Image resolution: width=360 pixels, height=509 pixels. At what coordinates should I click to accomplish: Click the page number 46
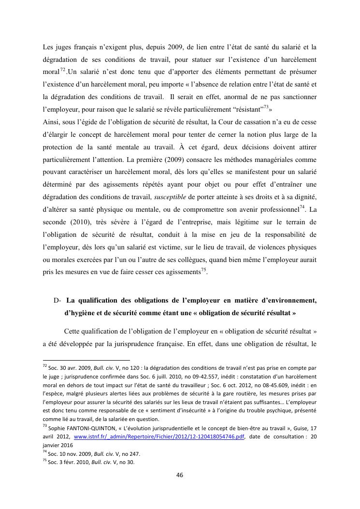pos(179,475)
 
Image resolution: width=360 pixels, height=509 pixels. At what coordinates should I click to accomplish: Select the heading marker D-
pos(57,300)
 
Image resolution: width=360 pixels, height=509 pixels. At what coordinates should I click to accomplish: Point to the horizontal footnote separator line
pos(87,360)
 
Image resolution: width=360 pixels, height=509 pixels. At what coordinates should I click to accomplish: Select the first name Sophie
pos(56,429)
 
